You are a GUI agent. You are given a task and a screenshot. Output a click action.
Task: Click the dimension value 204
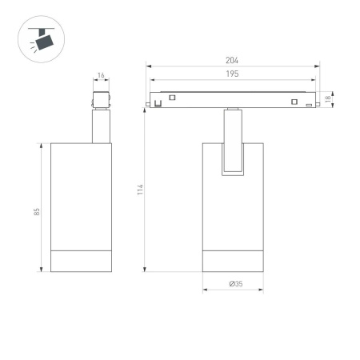tap(232, 61)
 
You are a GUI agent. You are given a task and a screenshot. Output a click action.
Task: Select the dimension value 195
tap(232, 73)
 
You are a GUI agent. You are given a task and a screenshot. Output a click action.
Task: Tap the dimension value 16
tap(101, 76)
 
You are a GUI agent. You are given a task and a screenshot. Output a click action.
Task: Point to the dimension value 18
tap(330, 99)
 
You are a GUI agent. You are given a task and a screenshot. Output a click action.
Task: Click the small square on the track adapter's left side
tap(170, 96)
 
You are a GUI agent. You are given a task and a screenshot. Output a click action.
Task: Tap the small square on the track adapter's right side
tap(294, 101)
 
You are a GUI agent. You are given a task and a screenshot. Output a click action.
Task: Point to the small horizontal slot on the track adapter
tap(309, 106)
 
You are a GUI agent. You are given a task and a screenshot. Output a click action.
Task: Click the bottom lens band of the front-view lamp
tap(232, 261)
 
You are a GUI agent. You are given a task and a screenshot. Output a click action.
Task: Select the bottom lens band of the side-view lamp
tap(80, 261)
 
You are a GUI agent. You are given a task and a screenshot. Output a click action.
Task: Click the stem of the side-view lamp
tap(101, 128)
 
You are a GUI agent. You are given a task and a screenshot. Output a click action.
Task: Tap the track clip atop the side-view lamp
tap(101, 101)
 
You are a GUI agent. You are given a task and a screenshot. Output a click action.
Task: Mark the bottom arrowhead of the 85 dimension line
tap(42, 270)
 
